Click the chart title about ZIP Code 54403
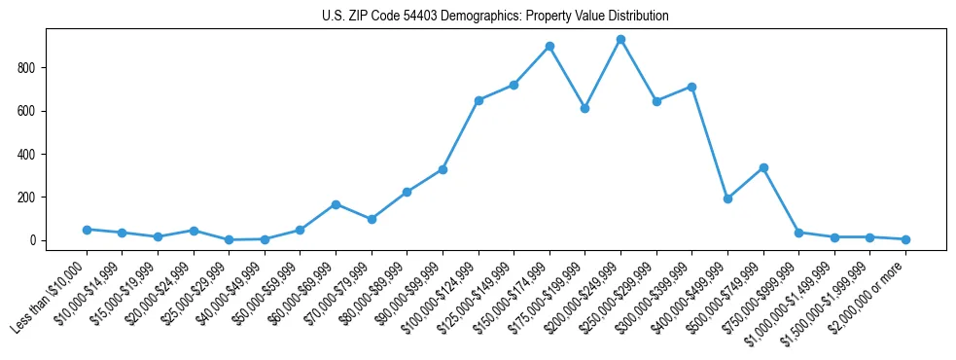point(495,17)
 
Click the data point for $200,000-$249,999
point(620,40)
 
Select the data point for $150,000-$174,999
point(549,46)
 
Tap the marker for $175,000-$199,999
point(584,108)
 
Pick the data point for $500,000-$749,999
point(763,167)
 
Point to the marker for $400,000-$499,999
point(727,198)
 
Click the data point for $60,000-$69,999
point(336,204)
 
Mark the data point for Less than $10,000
point(87,230)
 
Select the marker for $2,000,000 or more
point(905,239)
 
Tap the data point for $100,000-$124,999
point(478,100)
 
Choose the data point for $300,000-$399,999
point(691,87)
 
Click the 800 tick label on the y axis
point(27,68)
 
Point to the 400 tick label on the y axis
point(27,155)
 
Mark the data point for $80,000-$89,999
point(407,192)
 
